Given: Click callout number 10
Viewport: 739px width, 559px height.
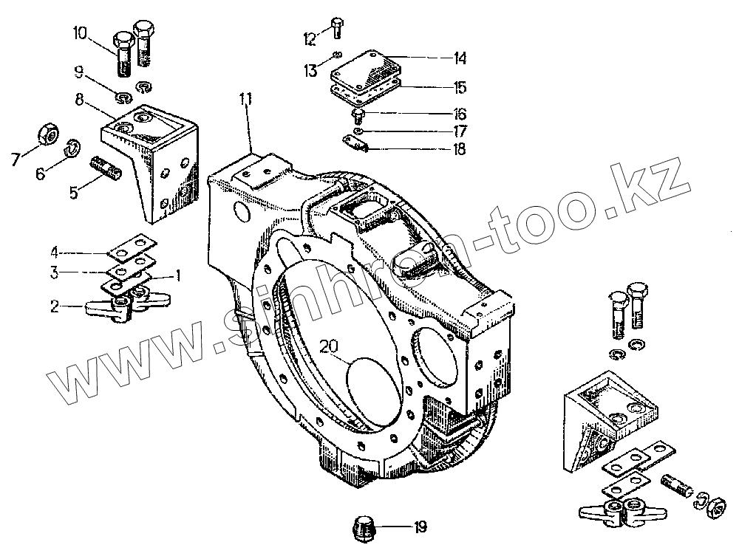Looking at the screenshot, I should coord(80,32).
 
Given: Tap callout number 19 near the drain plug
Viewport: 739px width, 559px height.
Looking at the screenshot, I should coord(420,527).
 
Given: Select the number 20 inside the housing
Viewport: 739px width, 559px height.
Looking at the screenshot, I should coord(330,346).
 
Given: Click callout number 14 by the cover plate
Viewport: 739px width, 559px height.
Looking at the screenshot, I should coord(460,57).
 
